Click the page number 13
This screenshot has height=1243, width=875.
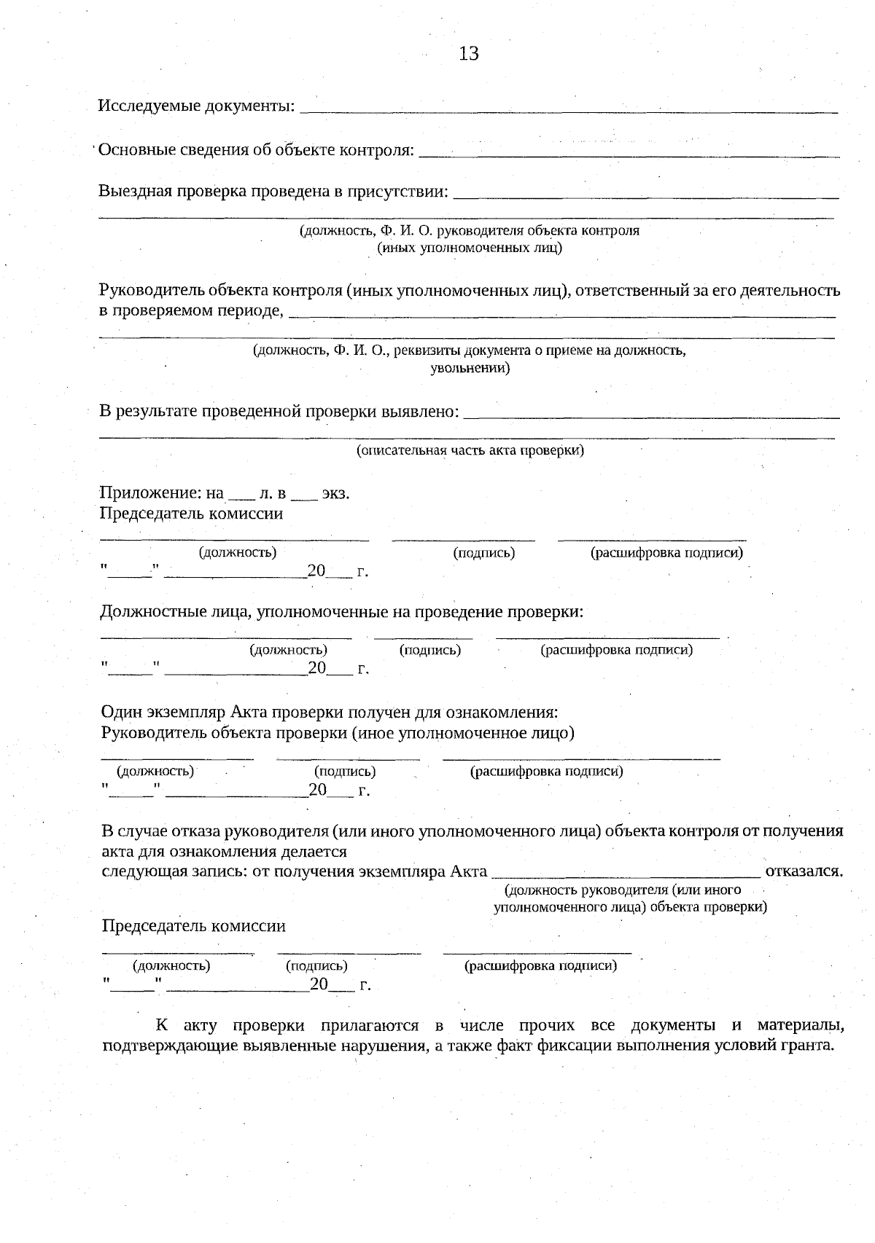(x=469, y=53)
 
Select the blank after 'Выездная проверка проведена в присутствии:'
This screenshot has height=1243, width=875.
(x=645, y=196)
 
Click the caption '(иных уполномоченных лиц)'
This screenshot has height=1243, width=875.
(x=470, y=248)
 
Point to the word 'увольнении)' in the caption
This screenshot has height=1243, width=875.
(x=470, y=368)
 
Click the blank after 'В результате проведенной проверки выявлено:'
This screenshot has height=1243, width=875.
(x=651, y=416)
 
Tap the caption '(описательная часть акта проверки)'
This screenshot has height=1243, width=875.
(x=470, y=450)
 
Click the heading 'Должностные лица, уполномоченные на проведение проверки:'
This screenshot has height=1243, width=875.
(x=341, y=612)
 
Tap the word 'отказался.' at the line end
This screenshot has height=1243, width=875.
(x=804, y=871)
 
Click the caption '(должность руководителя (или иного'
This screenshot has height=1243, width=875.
(x=623, y=890)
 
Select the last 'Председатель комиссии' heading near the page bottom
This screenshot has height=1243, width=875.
(x=193, y=926)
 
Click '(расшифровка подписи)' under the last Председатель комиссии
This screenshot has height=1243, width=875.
(x=541, y=966)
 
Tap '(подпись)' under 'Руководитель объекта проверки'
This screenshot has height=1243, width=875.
(x=345, y=771)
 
